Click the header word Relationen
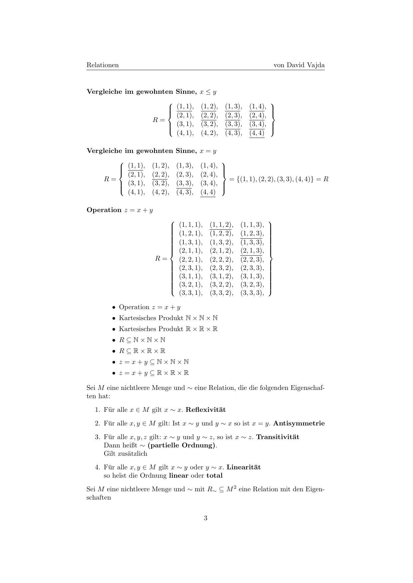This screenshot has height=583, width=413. pos(103,65)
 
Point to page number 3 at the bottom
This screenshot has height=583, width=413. pos(206,518)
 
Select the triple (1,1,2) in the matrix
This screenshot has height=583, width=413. pos(221,225)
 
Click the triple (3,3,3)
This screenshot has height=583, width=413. pos(252,293)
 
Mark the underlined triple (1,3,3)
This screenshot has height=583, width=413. pos(252,242)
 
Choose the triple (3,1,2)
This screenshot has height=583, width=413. pos(221,276)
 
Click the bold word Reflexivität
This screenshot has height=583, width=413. pos(206,410)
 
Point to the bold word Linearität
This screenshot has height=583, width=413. pos(244,467)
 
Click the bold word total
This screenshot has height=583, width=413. pos(214,476)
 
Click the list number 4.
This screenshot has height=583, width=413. pos(98,467)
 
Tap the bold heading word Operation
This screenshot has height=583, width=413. pos(104,210)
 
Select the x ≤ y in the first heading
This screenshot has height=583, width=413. pos(208,92)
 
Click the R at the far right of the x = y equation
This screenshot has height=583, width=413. pos(326,179)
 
